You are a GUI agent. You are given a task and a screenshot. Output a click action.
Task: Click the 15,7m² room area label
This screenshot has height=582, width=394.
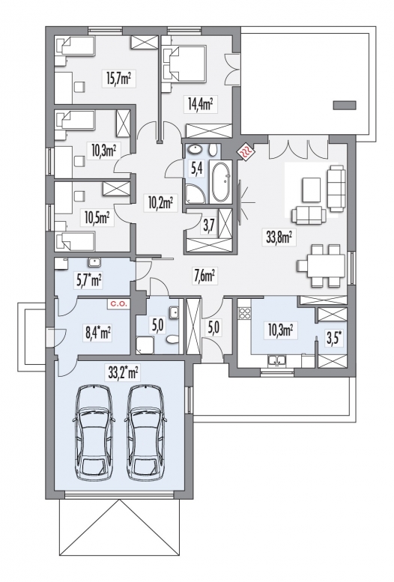pos(118,79)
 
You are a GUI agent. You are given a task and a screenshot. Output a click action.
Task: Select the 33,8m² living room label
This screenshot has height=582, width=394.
pos(281,237)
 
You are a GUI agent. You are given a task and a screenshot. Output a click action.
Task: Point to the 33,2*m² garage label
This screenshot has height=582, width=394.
pos(124,373)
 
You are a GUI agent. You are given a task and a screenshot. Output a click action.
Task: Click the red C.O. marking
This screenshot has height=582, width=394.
pos(118,304)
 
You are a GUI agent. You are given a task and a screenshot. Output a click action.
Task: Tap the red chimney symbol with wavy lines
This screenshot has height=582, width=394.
pos(246,151)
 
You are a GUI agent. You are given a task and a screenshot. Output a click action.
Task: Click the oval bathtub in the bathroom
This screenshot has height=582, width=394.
pos(220,182)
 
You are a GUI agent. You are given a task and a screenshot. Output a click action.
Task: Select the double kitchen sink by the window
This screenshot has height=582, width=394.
pos(276,360)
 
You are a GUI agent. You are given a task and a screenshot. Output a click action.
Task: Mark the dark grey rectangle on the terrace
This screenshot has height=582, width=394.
pos(345,105)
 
